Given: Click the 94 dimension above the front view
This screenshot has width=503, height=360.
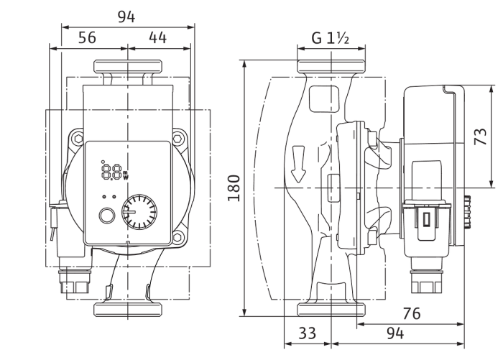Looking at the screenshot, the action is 126,17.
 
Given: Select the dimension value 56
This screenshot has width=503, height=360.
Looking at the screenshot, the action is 87,37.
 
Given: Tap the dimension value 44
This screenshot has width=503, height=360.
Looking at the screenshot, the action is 158,37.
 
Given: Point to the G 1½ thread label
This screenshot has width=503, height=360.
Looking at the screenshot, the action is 330,38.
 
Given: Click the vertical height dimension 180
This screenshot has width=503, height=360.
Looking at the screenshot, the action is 234,188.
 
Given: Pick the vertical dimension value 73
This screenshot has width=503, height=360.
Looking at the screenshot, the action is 480,137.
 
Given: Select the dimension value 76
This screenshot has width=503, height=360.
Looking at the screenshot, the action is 411,313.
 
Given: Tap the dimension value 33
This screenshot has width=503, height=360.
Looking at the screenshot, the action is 308,333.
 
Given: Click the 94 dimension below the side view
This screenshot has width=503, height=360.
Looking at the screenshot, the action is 395,333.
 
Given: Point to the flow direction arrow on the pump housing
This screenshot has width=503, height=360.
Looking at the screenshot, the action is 298,165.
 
